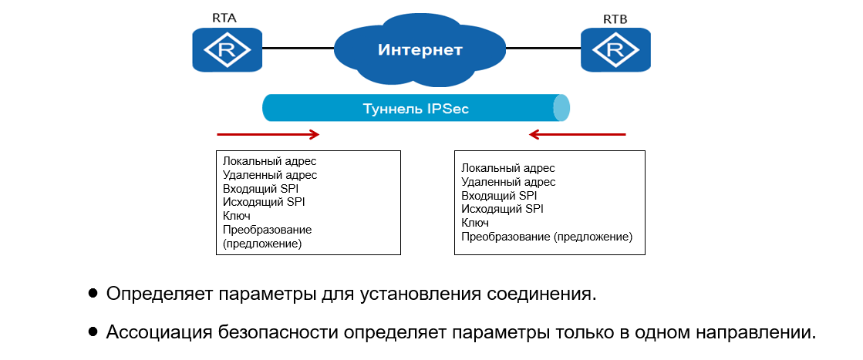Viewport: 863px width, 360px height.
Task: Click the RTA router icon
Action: pos(227,51)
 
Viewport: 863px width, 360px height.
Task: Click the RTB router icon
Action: pos(615,51)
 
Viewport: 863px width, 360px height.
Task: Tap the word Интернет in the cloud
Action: pos(420,51)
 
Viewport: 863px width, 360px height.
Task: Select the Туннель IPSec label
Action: pos(416,109)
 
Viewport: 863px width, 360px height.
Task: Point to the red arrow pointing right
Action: pos(268,135)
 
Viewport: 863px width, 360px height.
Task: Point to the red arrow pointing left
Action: pos(578,135)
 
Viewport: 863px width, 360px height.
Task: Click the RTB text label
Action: pos(615,17)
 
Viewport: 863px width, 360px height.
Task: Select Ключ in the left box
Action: pos(236,217)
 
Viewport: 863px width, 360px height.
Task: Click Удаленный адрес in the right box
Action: pos(508,182)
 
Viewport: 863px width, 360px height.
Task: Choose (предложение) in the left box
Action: pos(262,244)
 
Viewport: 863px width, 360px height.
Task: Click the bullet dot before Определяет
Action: pos(93,294)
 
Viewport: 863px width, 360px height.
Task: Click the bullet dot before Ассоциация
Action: pos(93,332)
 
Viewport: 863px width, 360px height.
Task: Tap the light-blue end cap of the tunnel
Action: pos(562,108)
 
